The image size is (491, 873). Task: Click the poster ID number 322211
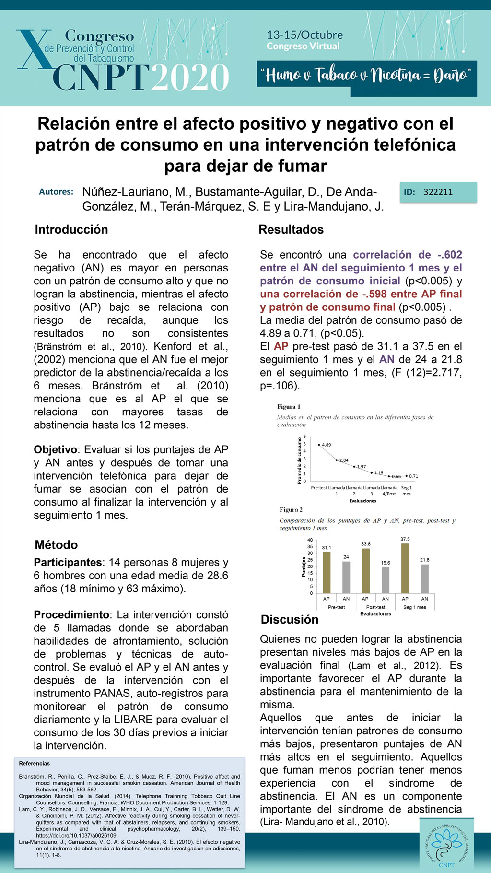click(x=438, y=192)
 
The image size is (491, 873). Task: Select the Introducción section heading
click(x=71, y=229)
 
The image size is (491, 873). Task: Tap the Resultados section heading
click(x=291, y=229)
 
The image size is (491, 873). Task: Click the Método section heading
click(x=56, y=545)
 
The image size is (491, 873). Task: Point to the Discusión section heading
click(x=290, y=619)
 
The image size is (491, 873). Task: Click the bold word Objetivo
click(x=55, y=450)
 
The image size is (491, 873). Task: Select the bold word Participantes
click(x=68, y=562)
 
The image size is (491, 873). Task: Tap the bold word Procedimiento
click(x=71, y=615)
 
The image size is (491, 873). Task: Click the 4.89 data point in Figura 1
click(x=319, y=445)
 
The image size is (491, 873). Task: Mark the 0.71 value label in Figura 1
click(x=413, y=476)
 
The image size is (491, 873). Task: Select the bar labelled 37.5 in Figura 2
click(x=405, y=568)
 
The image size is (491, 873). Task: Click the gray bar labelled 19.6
click(x=386, y=580)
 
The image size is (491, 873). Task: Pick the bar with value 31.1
click(x=327, y=572)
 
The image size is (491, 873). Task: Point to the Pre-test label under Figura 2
click(x=336, y=607)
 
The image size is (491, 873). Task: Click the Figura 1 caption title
click(x=289, y=407)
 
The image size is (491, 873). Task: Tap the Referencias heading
click(x=35, y=764)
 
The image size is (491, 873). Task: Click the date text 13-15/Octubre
click(x=304, y=35)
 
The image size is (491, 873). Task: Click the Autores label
click(x=56, y=192)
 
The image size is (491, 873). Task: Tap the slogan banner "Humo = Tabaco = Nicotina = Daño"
click(x=366, y=75)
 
